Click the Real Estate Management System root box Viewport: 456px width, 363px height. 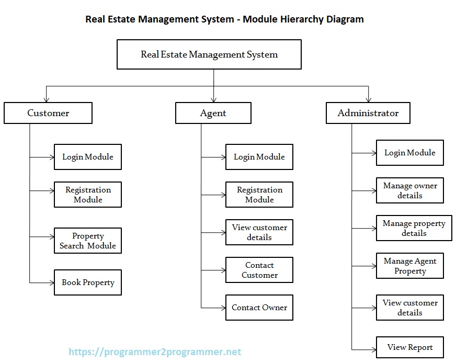pos(209,55)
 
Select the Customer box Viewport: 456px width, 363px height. pos(48,113)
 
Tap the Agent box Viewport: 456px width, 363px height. pos(213,113)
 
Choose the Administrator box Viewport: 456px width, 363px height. pos(368,113)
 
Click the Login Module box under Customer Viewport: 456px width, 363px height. pos(88,157)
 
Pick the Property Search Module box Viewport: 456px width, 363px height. pos(88,241)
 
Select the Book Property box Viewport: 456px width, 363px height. pos(88,282)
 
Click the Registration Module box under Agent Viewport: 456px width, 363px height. pos(259,195)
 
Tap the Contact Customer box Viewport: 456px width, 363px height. pos(259,270)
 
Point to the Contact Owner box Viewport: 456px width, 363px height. pos(259,308)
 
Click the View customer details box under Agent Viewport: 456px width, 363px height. pos(259,232)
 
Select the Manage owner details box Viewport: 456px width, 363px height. pos(410,190)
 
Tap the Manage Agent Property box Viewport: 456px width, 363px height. pos(410,266)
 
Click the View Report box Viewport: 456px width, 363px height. pos(410,347)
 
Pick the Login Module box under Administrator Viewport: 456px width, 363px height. pos(410,153)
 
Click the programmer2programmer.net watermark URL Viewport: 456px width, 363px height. pos(155,352)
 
